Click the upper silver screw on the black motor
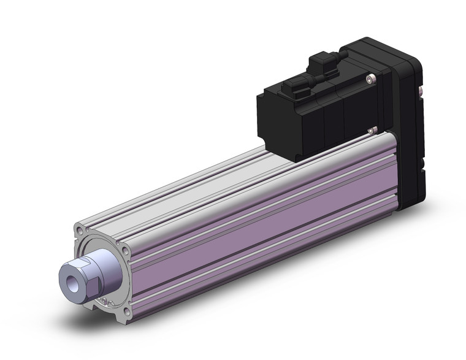tap(369, 78)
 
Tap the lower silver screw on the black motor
tap(371, 129)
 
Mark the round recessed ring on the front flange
tap(113, 258)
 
